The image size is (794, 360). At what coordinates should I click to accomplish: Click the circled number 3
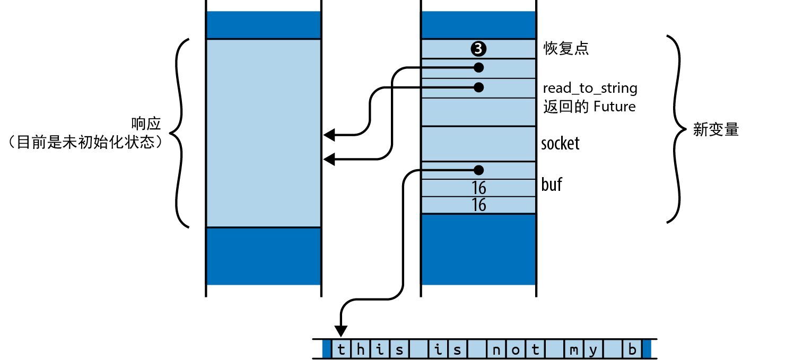(478, 49)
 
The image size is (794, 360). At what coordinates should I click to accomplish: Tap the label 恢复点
(566, 49)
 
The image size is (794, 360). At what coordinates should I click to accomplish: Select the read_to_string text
(590, 88)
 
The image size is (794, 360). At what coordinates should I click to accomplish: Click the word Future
(614, 107)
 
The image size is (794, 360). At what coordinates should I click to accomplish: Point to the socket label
(560, 144)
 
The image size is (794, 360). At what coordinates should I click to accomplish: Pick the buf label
(551, 185)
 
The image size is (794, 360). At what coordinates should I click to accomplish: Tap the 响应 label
(146, 125)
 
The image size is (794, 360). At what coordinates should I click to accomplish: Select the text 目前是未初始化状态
(85, 142)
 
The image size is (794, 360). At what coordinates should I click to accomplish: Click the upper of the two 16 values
(478, 188)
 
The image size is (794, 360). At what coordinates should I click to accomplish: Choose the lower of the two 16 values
(478, 205)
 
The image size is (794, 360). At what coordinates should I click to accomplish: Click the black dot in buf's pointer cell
(478, 170)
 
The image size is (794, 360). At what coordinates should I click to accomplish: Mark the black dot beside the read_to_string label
(478, 87)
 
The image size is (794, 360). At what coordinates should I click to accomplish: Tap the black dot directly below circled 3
(478, 68)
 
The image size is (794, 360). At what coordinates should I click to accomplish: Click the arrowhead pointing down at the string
(341, 331)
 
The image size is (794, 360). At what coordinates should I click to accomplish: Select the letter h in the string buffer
(361, 350)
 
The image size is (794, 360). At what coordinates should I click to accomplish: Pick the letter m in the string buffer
(573, 350)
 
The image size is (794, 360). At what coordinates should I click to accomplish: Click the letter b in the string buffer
(632, 350)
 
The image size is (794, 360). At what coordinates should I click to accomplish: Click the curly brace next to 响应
(181, 133)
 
